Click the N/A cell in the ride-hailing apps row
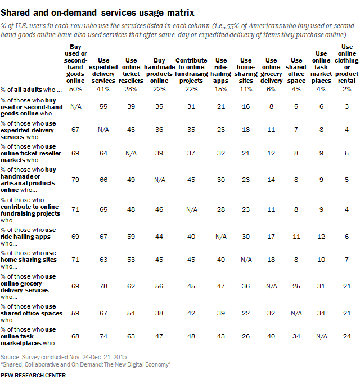click(x=222, y=237)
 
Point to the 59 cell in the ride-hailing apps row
click(x=131, y=237)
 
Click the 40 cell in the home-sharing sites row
click(x=222, y=261)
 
